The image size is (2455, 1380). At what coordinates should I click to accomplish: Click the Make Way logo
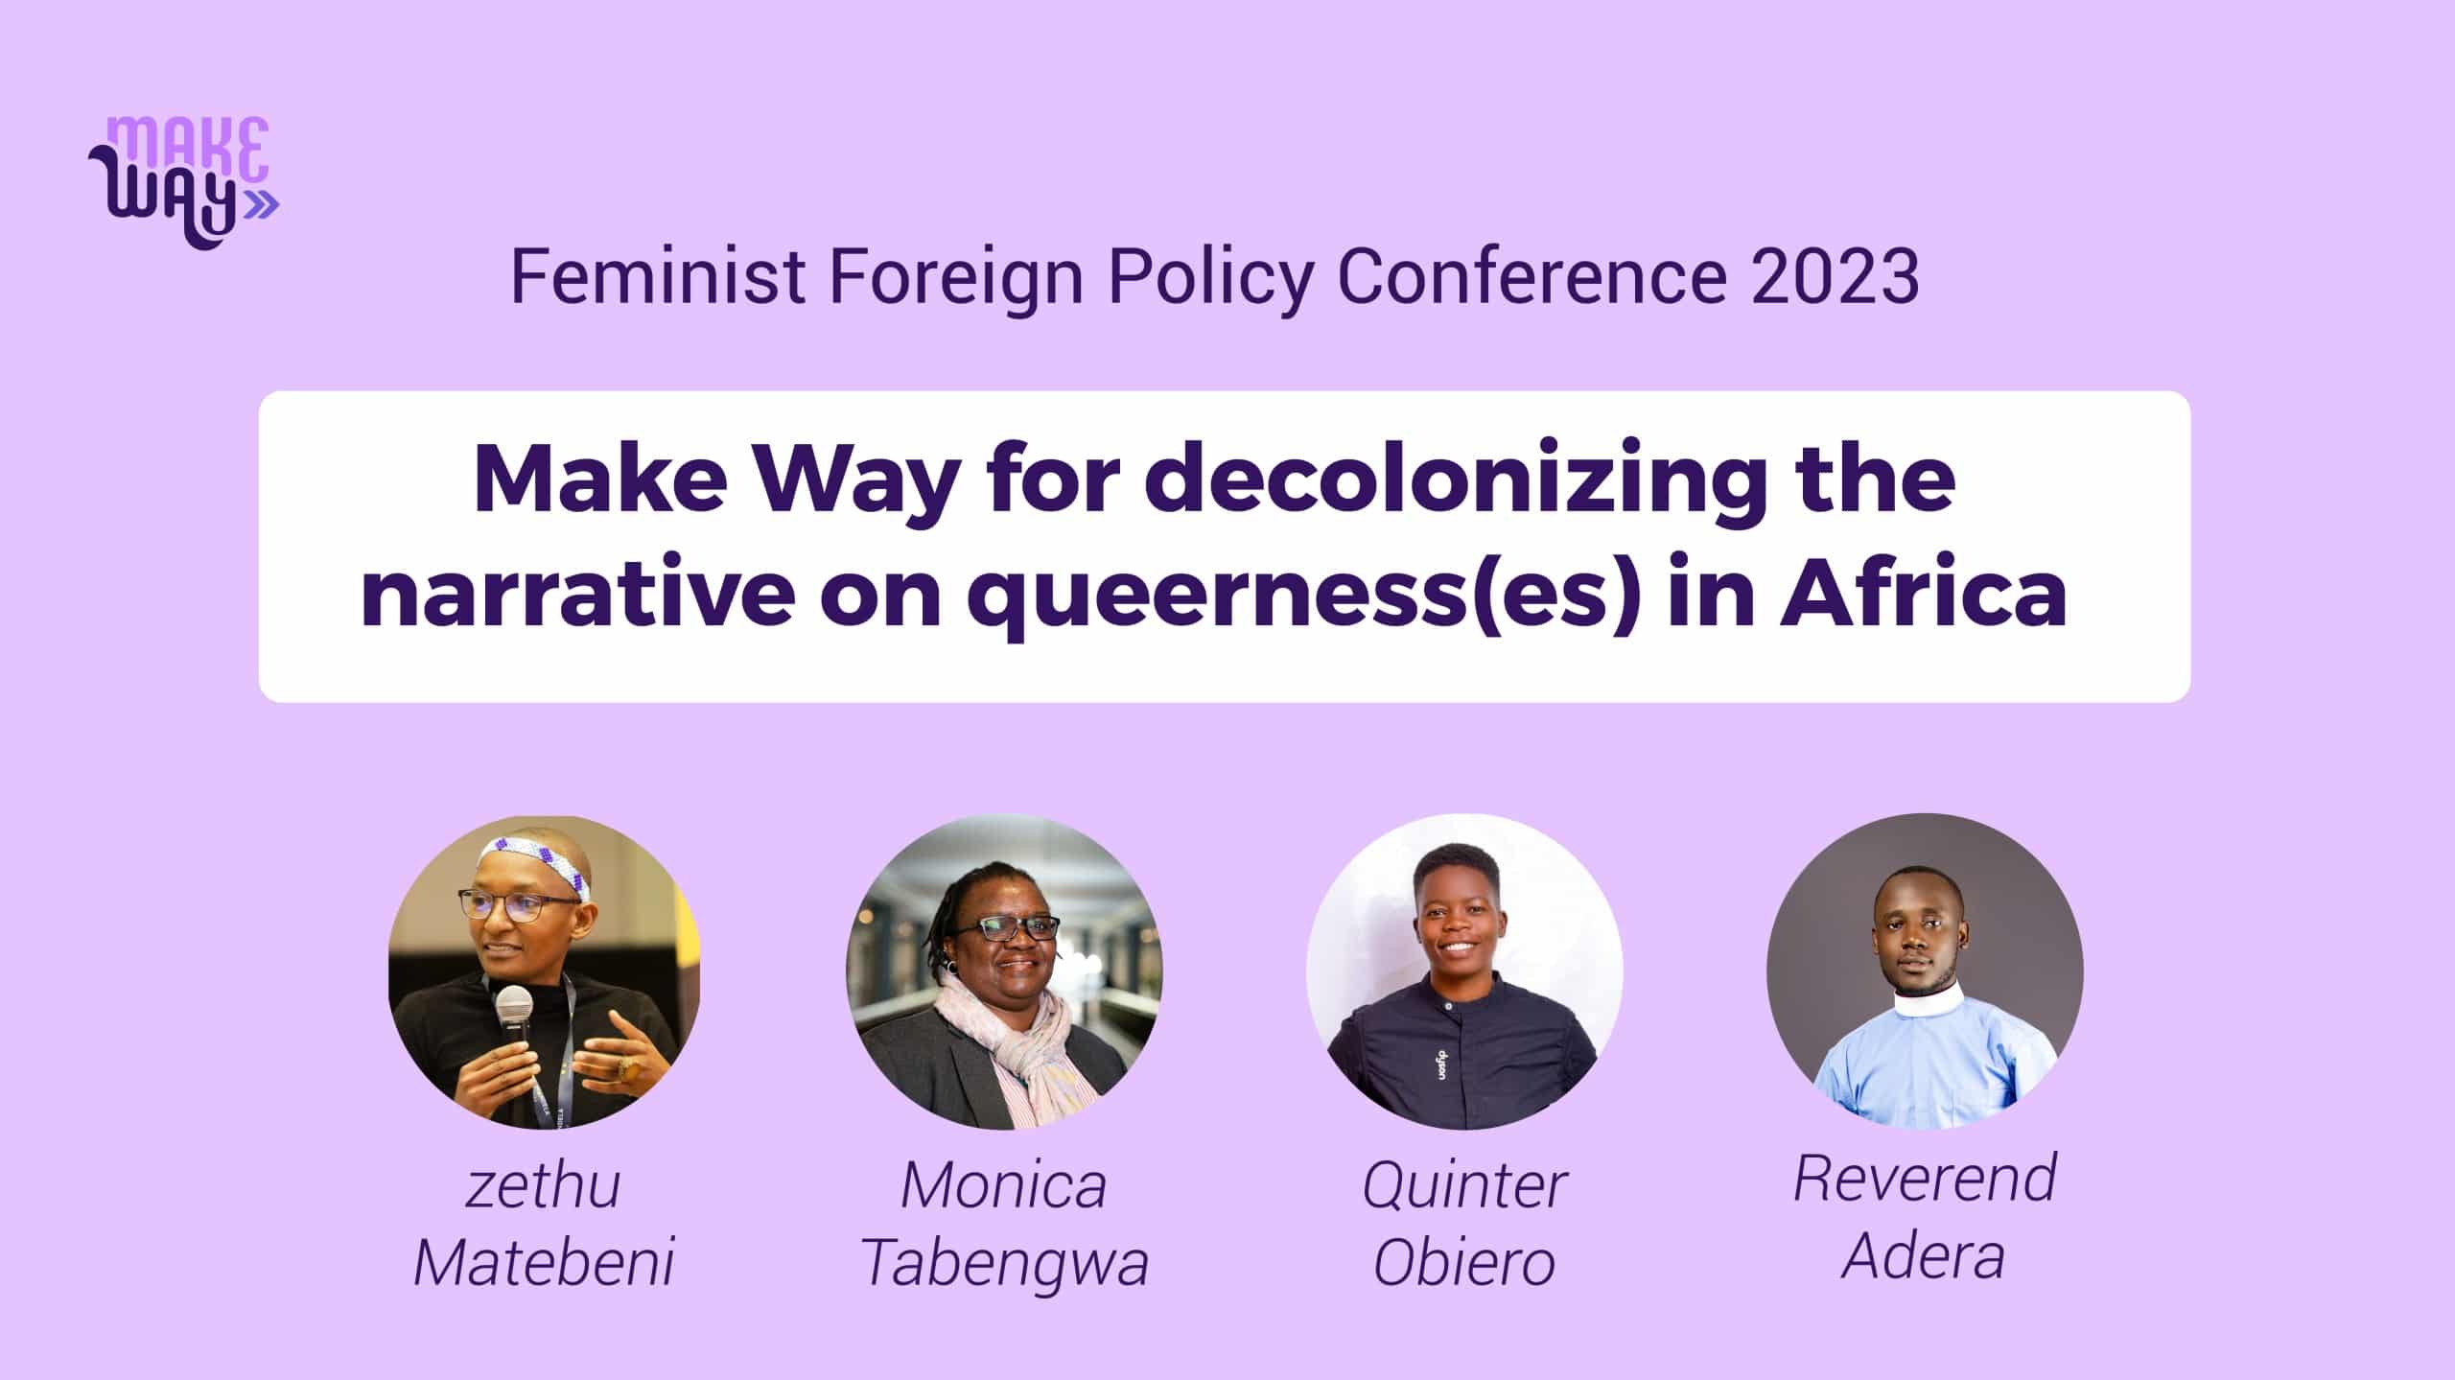[x=182, y=183]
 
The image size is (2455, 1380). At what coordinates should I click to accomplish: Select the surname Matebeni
[x=544, y=1262]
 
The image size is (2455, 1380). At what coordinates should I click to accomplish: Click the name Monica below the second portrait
[x=1004, y=1185]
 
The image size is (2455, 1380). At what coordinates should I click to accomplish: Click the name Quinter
[x=1464, y=1186]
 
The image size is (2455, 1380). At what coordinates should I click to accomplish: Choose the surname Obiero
[x=1464, y=1262]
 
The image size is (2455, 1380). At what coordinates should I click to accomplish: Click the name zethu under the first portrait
[x=544, y=1186]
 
